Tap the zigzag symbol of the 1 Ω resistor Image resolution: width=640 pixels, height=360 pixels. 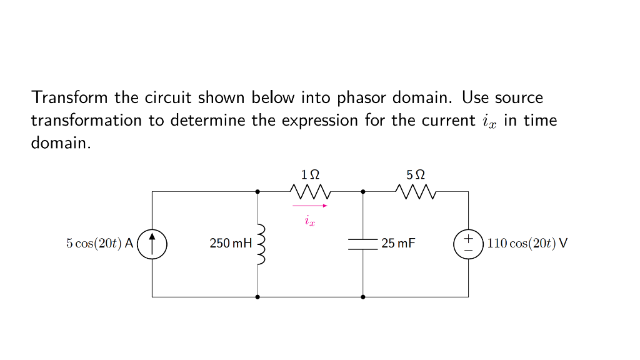coord(310,191)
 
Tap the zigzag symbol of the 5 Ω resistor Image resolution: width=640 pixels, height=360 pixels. coord(416,191)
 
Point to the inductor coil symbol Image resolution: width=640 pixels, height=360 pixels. coord(261,244)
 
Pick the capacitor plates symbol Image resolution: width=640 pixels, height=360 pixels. coord(363,244)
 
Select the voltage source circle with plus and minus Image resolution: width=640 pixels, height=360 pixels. coord(468,244)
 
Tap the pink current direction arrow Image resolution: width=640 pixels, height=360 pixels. coord(310,206)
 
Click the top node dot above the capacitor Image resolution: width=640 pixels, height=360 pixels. coord(363,191)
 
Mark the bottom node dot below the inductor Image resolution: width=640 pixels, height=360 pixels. coord(257,297)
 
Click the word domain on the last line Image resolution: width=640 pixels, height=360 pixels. coord(59,143)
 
